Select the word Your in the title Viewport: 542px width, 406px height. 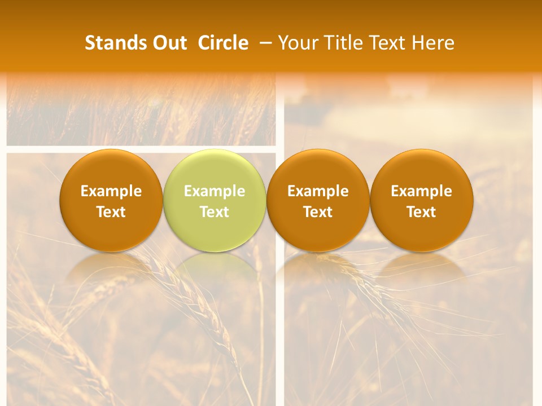[297, 43]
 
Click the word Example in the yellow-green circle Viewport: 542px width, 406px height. [215, 191]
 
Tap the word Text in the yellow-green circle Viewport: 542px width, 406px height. [215, 212]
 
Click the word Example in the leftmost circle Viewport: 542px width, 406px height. [111, 191]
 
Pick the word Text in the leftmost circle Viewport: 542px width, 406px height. [111, 212]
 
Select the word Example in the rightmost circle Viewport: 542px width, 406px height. [422, 191]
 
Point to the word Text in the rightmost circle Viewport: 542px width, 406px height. [422, 212]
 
